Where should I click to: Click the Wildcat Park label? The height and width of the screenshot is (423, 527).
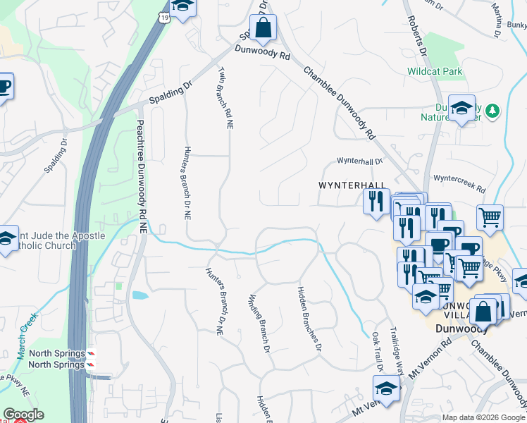point(435,71)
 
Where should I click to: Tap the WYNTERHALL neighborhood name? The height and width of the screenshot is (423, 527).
point(350,185)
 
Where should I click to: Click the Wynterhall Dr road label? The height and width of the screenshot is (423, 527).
point(359,161)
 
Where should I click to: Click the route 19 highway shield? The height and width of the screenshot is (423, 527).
point(164,17)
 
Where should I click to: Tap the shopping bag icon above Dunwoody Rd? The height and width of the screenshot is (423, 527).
point(263,29)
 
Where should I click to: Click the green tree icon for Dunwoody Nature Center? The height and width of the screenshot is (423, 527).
point(493,110)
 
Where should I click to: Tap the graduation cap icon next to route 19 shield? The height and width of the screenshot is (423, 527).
point(184,7)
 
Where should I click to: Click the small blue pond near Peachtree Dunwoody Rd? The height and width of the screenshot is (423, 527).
point(138,295)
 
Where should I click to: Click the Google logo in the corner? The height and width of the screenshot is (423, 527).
point(23,415)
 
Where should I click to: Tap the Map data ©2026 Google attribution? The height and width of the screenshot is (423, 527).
point(483,417)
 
